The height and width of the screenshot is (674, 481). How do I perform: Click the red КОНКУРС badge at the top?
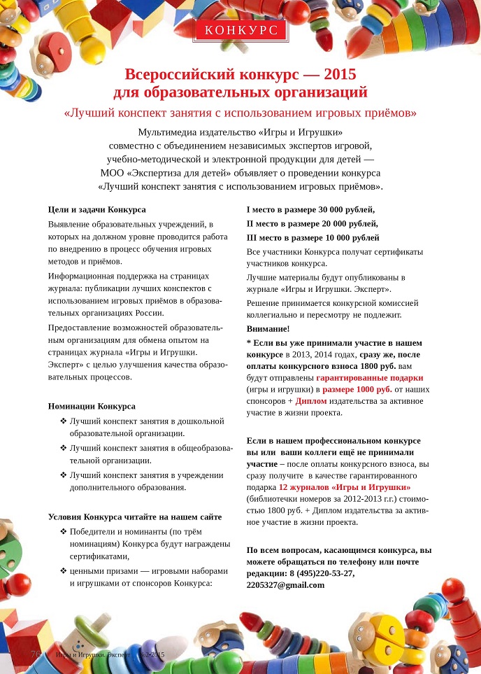[240, 29]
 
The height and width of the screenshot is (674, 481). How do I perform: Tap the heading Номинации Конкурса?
[92, 406]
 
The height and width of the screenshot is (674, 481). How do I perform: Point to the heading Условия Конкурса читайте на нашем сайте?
[135, 517]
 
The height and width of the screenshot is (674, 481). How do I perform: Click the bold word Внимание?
[268, 328]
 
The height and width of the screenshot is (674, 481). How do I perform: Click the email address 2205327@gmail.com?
[285, 584]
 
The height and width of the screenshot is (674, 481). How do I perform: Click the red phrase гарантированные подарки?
[364, 377]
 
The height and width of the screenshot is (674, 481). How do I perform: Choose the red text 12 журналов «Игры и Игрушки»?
[344, 486]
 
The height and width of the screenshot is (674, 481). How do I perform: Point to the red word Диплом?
[310, 401]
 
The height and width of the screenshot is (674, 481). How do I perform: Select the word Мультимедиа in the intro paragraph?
[166, 132]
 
